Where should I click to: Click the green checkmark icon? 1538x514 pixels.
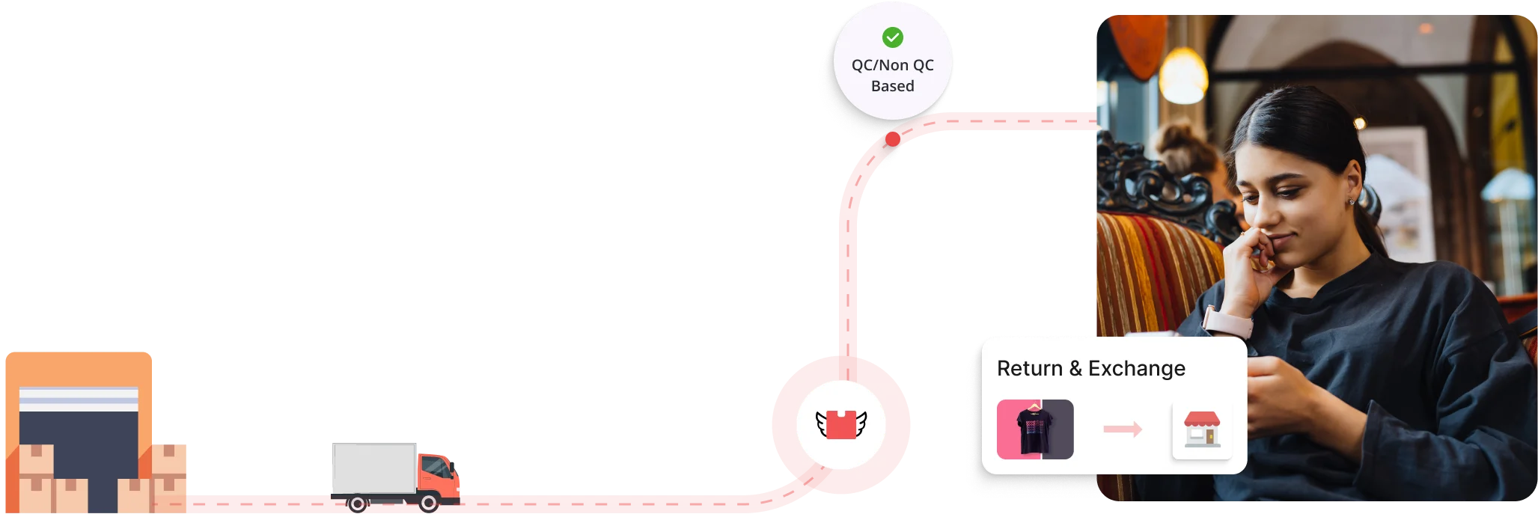tap(892, 37)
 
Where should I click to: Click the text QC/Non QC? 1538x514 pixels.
tap(892, 65)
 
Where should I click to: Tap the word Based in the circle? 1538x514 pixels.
tap(892, 86)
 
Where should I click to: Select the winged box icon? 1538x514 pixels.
tap(841, 425)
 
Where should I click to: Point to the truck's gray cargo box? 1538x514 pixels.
tap(373, 468)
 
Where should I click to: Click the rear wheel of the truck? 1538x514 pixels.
tap(357, 504)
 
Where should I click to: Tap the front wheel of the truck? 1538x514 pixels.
tap(429, 504)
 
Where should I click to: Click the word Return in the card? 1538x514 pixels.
tap(1029, 368)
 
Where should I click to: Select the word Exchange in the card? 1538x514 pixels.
tap(1136, 368)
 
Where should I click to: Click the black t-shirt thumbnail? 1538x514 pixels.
tap(1035, 429)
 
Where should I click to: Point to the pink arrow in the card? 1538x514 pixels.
tap(1123, 429)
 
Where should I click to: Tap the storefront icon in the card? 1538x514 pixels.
tap(1201, 430)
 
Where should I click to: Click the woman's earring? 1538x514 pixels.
tap(1351, 201)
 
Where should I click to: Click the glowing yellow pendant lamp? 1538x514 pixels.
tap(1183, 76)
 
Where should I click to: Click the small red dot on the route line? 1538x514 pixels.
tap(892, 139)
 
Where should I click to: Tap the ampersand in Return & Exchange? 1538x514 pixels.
tap(1075, 368)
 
